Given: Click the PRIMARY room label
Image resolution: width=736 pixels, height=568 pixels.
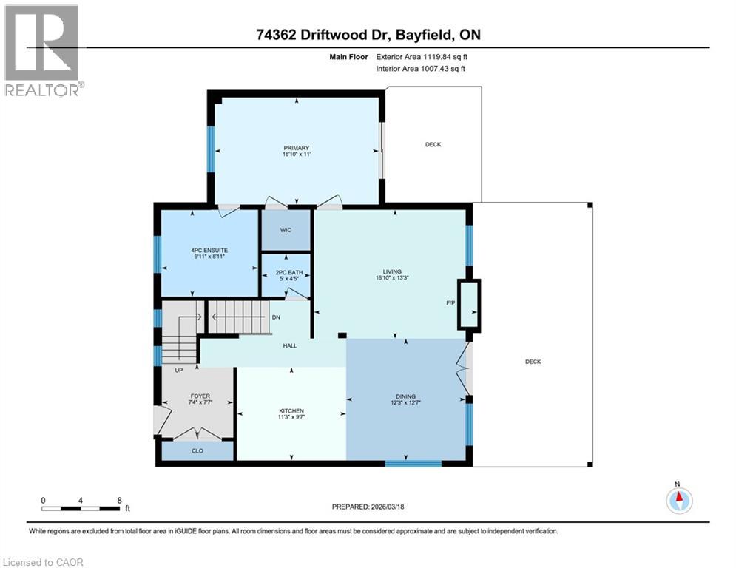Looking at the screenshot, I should (296, 148).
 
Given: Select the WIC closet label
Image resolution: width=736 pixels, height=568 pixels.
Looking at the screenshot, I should (286, 230).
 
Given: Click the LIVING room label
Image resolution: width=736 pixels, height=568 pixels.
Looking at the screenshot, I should (391, 273).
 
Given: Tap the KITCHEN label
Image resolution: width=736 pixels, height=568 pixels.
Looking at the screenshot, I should (291, 411).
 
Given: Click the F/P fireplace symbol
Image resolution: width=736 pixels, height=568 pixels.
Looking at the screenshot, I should (469, 304).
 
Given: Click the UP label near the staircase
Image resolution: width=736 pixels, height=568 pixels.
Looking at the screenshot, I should (178, 371).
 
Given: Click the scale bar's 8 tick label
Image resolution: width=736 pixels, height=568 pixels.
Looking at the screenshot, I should (119, 500).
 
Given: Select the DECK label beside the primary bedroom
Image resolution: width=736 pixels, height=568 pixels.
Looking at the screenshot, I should (433, 144).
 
